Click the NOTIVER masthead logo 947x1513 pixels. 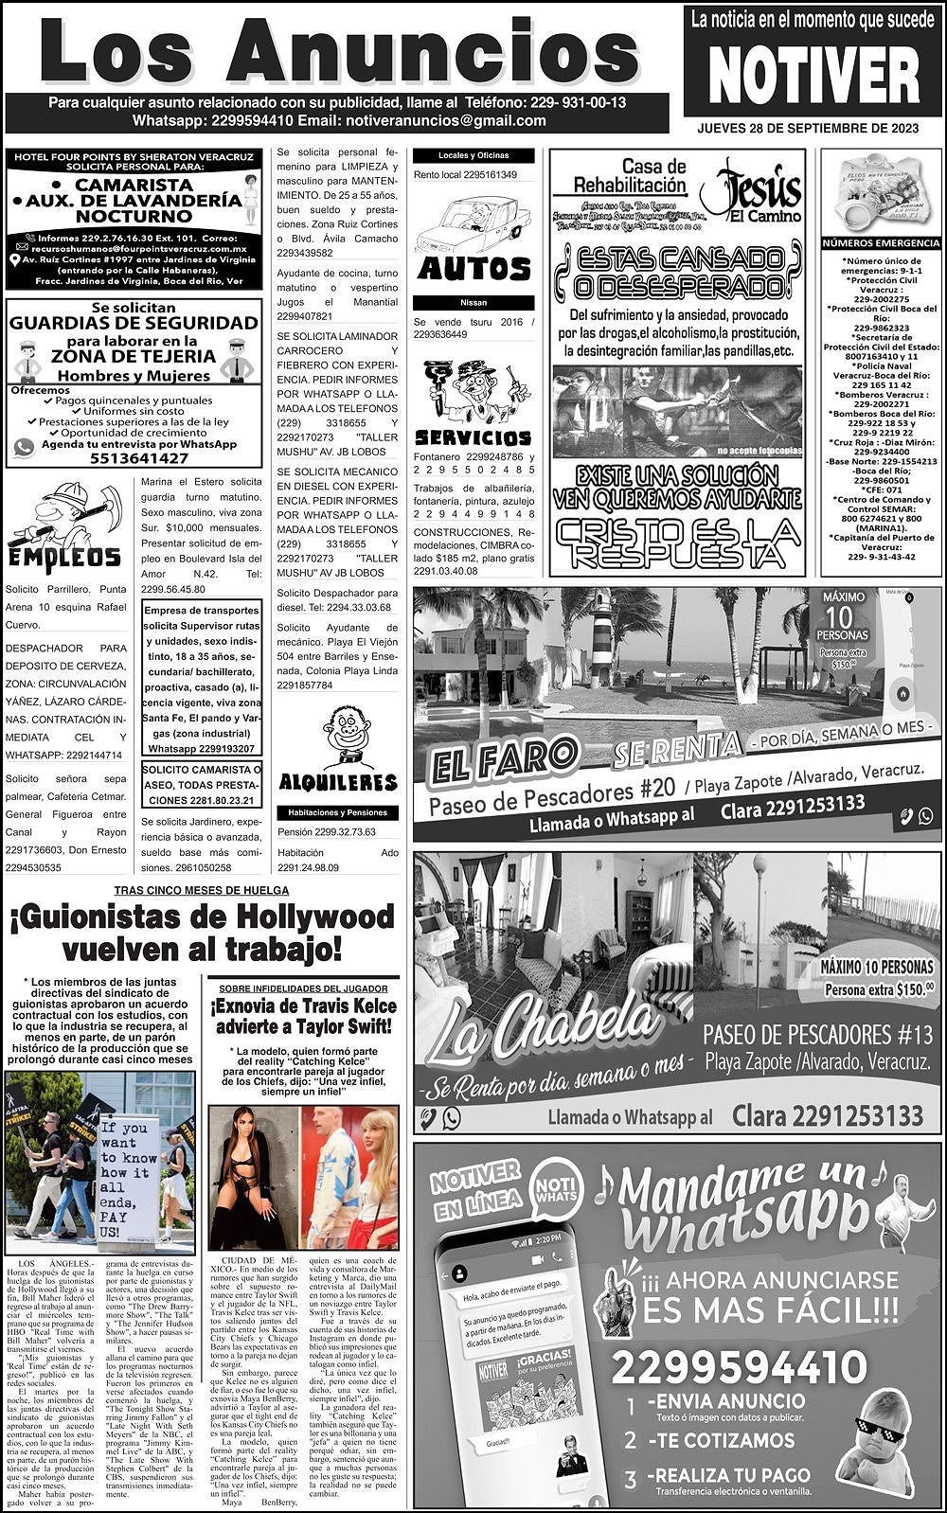[813, 74]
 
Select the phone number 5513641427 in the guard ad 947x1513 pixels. [134, 458]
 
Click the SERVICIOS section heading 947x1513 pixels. [473, 438]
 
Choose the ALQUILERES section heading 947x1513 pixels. [338, 782]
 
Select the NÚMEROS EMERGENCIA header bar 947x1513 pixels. [880, 243]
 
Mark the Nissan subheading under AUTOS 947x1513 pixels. [473, 303]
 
